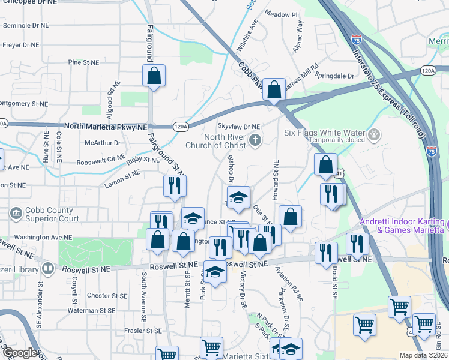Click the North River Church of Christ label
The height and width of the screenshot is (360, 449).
point(224,141)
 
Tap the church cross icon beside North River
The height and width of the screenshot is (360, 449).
point(255,141)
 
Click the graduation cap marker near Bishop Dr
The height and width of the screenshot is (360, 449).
point(238,197)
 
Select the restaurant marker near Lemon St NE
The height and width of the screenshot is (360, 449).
point(175,186)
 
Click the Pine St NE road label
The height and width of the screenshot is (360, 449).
point(83,62)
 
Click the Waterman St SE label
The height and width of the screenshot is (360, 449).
point(92,311)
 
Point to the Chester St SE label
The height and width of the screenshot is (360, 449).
point(107,296)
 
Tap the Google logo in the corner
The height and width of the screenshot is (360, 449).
point(20,353)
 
